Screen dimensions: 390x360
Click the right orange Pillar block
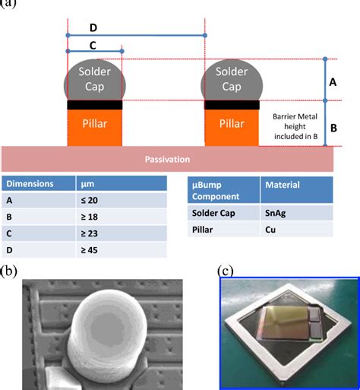point(231,125)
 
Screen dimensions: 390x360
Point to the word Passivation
point(167,159)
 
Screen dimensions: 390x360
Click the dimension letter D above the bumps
point(92,27)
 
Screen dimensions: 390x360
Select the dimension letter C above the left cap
point(92,45)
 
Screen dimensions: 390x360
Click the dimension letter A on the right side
point(331,80)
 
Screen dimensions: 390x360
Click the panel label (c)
point(225,271)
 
